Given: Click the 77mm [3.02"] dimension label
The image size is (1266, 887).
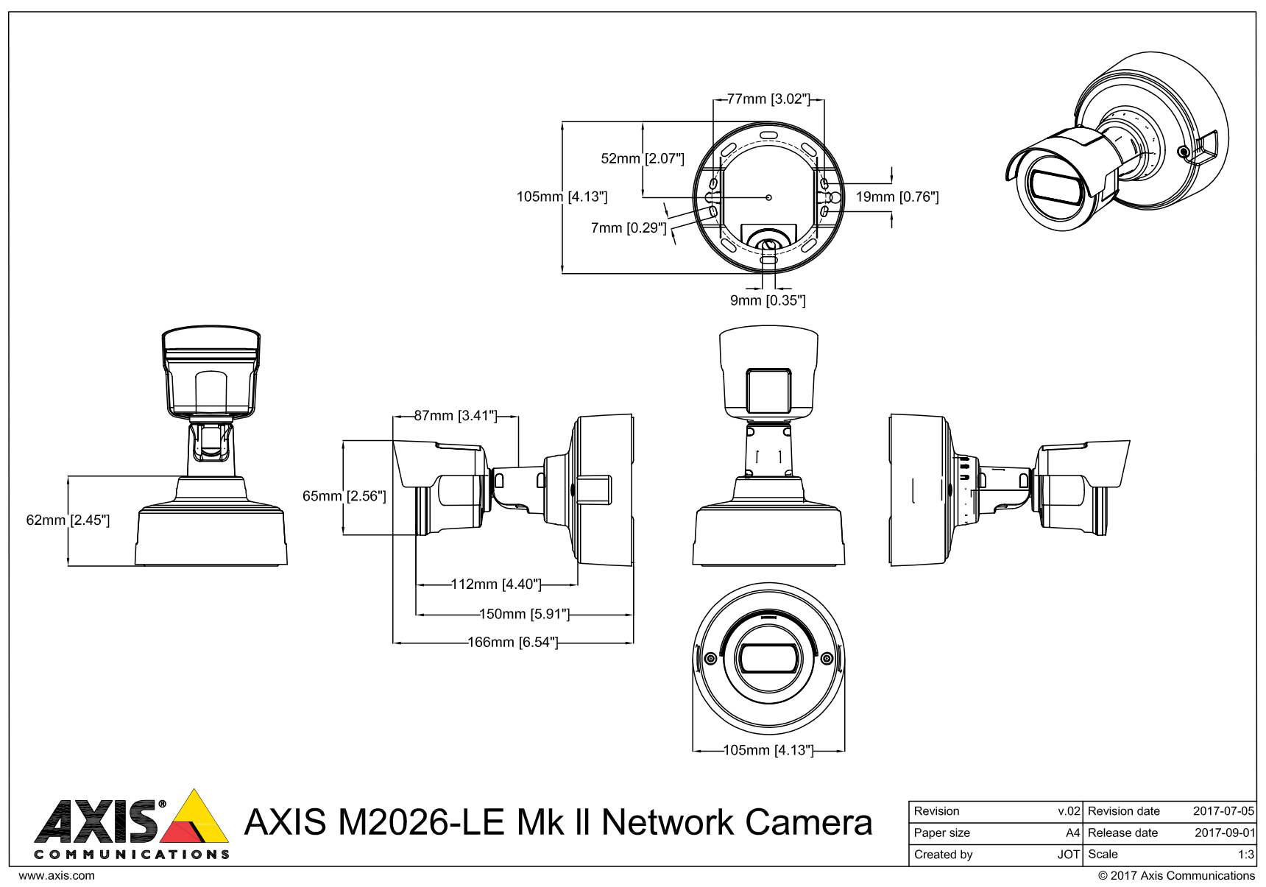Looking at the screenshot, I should pyautogui.click(x=768, y=99).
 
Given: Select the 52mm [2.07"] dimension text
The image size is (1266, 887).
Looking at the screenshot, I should pyautogui.click(x=643, y=158).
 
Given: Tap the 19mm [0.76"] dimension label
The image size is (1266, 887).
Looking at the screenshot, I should pyautogui.click(x=897, y=197).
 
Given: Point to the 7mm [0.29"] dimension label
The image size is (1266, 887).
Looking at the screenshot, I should pyautogui.click(x=629, y=227).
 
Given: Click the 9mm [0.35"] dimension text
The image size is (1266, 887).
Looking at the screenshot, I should pyautogui.click(x=768, y=300).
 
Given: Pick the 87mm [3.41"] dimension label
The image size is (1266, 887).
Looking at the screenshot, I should pyautogui.click(x=456, y=416).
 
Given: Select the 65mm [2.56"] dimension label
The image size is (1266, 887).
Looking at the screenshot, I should pyautogui.click(x=344, y=496).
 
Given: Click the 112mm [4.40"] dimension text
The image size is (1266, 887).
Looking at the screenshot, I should pyautogui.click(x=496, y=584).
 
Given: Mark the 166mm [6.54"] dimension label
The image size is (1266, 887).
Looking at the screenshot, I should pyautogui.click(x=513, y=643).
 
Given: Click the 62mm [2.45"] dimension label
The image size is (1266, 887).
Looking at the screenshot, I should pyautogui.click(x=68, y=520).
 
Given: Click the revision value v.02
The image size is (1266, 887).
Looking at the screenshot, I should pyautogui.click(x=1069, y=811).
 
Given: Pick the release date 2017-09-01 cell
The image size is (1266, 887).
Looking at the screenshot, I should pyautogui.click(x=1223, y=833).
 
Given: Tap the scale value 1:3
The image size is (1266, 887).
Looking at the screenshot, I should pyautogui.click(x=1246, y=855).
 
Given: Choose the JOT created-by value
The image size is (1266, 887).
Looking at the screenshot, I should pyautogui.click(x=1069, y=855).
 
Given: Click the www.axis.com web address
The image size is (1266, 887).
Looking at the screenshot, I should pyautogui.click(x=56, y=876).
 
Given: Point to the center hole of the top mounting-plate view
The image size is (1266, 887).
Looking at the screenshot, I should pyautogui.click(x=768, y=197).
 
